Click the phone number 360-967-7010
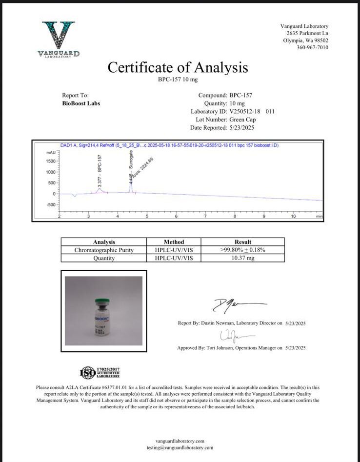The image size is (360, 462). tap(312, 48)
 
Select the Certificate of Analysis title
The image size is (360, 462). tap(178, 67)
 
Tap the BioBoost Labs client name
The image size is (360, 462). tap(81, 103)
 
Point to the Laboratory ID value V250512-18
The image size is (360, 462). tap(247, 112)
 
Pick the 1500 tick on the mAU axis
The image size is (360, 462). tap(50, 161)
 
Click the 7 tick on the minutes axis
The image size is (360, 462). tap(205, 216)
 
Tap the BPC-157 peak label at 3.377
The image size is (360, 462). tap(100, 171)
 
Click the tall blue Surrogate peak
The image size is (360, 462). tap(131, 184)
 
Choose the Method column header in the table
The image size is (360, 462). tap(174, 242)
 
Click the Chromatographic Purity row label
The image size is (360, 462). tap(104, 250)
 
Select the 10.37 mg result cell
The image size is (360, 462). tap(243, 258)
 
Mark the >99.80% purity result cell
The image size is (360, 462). tap(243, 250)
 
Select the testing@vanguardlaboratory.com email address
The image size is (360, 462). tap(180, 447)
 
